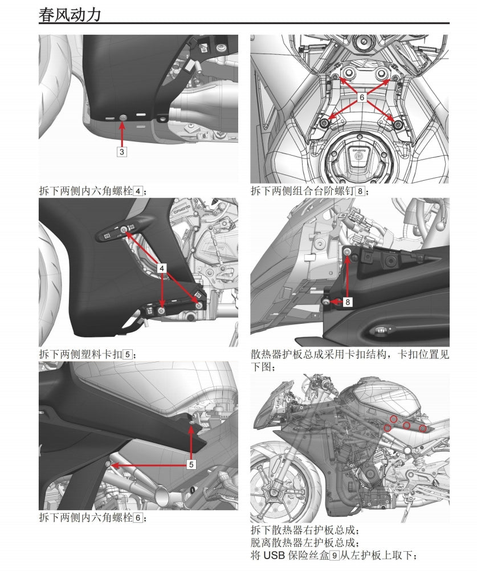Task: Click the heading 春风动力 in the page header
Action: point(70,14)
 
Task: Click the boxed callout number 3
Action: point(123,152)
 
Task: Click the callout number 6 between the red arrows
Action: point(361,98)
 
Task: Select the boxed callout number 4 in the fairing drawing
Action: point(162,267)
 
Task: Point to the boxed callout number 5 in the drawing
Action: point(191,465)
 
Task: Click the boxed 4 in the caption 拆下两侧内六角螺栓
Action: point(137,191)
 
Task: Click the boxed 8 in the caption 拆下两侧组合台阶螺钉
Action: point(359,191)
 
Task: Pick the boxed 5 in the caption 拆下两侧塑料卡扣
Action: point(128,355)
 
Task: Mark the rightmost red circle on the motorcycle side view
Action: point(423,428)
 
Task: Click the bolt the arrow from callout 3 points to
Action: point(123,117)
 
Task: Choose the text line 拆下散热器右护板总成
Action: point(305,530)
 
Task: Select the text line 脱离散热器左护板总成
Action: point(305,543)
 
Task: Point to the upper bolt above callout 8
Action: point(347,251)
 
